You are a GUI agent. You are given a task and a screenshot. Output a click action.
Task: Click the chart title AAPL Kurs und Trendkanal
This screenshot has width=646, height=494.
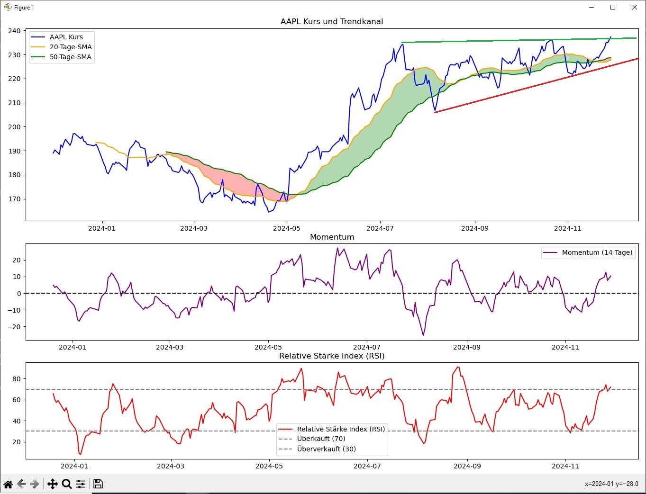coord(331,21)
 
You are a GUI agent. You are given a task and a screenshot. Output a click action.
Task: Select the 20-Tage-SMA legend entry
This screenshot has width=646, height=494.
coord(71,47)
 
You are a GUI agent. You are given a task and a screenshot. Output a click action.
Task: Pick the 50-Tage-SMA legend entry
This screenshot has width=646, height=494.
coord(71,57)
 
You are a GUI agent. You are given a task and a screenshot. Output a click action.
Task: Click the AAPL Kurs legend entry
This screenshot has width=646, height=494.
coord(66,37)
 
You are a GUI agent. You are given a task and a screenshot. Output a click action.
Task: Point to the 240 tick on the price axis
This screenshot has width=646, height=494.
coord(14,31)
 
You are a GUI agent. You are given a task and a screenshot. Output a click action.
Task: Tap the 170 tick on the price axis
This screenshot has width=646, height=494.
coord(14,199)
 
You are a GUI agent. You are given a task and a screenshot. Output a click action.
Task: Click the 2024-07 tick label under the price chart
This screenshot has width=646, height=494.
coord(380,228)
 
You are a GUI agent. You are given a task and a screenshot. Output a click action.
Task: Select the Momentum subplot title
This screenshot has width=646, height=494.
coord(332,237)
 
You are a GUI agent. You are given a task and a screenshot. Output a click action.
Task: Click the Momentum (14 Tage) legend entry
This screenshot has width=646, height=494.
coord(597,252)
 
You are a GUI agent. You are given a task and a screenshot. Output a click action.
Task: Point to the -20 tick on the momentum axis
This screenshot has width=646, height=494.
coord(16,327)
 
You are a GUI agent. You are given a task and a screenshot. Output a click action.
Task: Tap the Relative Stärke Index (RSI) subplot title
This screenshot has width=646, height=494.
coord(332,356)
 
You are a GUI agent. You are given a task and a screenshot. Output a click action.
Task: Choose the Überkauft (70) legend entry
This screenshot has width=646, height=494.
coord(321,439)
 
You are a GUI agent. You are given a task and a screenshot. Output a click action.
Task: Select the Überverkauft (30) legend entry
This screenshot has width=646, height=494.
coord(326,449)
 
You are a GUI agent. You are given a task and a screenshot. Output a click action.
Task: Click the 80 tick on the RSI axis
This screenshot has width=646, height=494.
coord(17,379)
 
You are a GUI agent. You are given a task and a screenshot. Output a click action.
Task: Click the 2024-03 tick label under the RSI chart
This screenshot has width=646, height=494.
coord(171,466)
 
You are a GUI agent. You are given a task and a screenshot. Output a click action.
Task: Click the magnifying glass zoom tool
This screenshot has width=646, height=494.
coord(67,484)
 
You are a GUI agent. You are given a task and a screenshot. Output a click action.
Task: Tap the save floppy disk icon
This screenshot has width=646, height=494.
coord(98,484)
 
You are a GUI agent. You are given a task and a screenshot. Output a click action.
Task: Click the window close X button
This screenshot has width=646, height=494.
coord(635,7)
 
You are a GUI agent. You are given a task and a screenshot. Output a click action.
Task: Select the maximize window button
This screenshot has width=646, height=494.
coord(613,7)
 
